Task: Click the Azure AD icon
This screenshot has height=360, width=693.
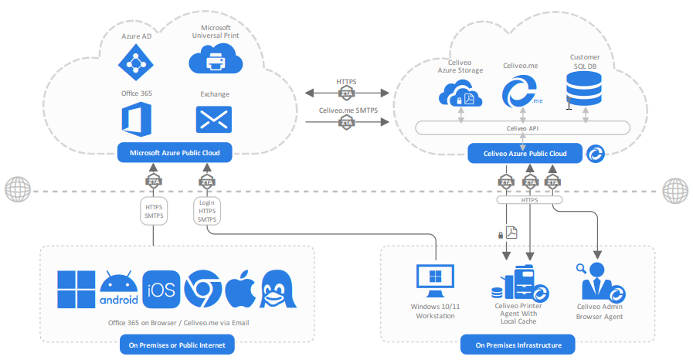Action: point(136,60)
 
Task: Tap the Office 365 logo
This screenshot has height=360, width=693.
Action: point(136,120)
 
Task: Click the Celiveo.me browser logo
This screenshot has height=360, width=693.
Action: point(521,93)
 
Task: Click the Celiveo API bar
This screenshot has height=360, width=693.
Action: point(522,127)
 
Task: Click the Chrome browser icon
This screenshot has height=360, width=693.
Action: point(203,290)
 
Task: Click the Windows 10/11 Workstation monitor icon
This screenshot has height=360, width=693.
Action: point(435,281)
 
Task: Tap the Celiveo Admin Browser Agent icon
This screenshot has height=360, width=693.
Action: point(599,281)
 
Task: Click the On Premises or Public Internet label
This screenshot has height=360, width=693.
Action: point(177,345)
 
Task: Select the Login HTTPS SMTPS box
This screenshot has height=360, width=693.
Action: point(207,211)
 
